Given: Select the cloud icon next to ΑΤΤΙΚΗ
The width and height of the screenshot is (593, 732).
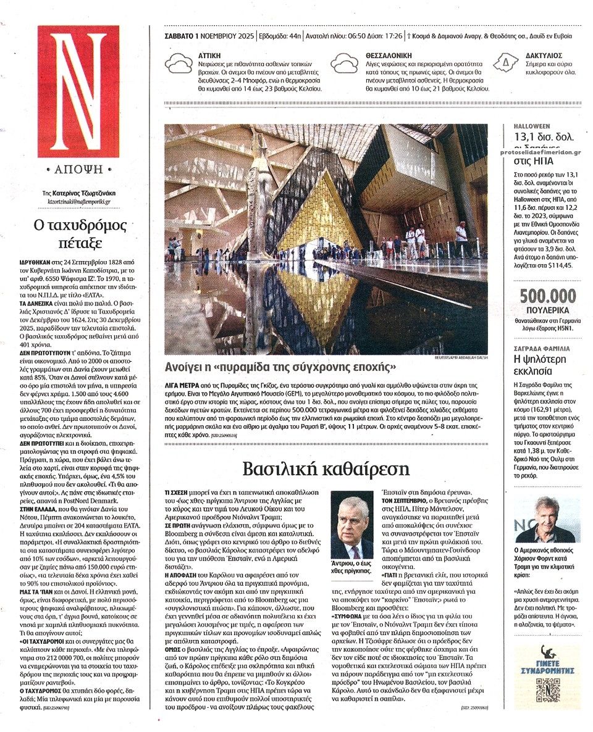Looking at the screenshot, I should tap(180, 64).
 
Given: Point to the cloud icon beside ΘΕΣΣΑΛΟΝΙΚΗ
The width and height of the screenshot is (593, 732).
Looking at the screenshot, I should tap(346, 64).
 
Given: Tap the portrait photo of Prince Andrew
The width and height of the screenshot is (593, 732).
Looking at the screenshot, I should tap(352, 525).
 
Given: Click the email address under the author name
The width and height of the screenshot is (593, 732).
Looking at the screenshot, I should tap(79, 201).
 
